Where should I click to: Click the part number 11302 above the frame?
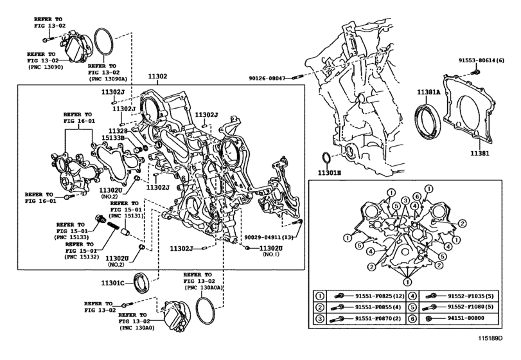coord(157,76)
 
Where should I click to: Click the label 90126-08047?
coord(267,78)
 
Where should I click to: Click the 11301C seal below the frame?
coord(142,283)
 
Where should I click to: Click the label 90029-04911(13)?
coord(269,237)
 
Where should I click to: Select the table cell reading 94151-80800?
coord(466,318)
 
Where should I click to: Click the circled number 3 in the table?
coord(320,319)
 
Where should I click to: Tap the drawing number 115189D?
coord(490,338)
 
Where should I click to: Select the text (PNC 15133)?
coord(71,237)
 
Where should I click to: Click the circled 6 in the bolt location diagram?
coord(417,197)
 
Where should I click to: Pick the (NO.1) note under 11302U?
coord(271,255)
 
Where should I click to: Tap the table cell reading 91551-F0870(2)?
coord(378,318)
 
